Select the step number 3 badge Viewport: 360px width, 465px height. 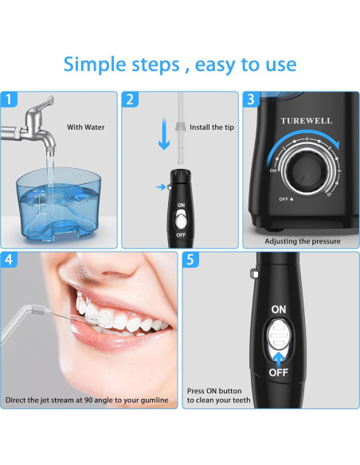pyautogui.click(x=252, y=100)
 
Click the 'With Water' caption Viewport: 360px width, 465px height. pyautogui.click(x=85, y=127)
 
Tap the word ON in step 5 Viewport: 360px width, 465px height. pyautogui.click(x=279, y=309)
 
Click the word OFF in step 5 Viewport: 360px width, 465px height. pyautogui.click(x=278, y=372)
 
